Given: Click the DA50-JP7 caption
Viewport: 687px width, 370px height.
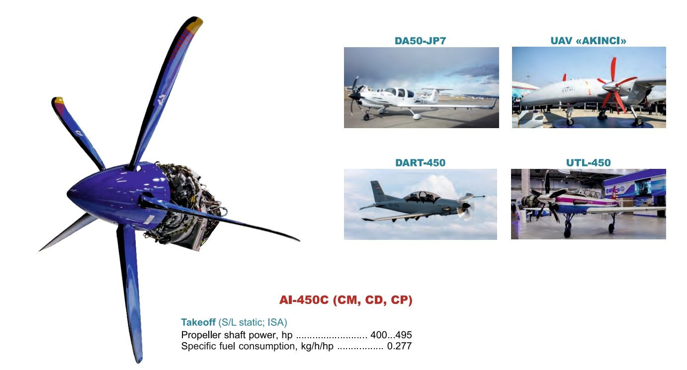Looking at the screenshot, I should (420, 41).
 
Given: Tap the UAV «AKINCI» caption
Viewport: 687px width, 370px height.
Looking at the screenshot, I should (588, 41).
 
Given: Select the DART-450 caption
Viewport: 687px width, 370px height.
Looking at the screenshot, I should (420, 163).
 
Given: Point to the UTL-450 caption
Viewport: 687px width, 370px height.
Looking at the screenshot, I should (588, 163).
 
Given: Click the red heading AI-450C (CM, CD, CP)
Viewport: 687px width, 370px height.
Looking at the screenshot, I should (345, 300).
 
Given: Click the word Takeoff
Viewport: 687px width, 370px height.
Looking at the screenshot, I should (198, 322).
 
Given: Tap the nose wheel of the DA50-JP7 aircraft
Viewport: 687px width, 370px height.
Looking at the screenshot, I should (366, 117).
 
